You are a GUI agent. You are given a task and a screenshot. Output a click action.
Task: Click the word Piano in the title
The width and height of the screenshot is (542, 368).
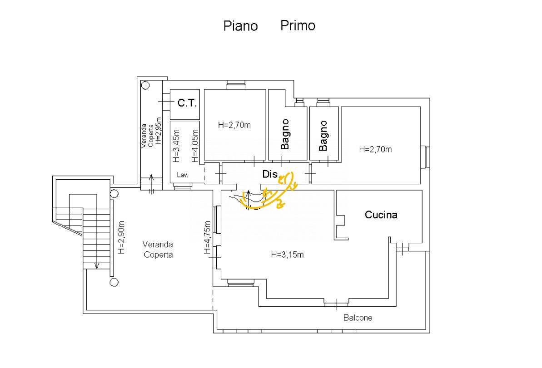[x=240, y=26]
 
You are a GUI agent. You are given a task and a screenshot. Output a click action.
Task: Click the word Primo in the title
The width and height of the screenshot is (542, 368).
[x=298, y=25]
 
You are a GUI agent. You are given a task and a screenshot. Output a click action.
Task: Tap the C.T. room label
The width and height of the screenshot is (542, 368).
[x=187, y=103]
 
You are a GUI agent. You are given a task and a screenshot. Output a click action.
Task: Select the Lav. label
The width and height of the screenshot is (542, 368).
[x=182, y=175]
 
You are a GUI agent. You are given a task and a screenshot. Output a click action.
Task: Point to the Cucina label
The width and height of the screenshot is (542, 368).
[x=381, y=215]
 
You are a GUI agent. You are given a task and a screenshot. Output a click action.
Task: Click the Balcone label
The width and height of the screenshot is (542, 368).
[x=358, y=318]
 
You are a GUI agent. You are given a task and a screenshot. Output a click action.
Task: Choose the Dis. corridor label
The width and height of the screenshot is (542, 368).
[x=270, y=174]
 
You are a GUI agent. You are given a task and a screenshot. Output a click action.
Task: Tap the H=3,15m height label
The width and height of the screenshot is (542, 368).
[x=287, y=255]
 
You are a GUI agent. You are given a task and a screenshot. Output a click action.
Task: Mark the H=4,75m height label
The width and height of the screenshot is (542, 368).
[x=208, y=237]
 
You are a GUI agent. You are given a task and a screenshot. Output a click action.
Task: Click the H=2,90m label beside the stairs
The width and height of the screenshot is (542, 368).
[x=121, y=237]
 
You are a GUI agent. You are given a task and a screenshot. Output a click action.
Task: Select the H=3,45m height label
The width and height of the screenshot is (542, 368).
[x=176, y=146]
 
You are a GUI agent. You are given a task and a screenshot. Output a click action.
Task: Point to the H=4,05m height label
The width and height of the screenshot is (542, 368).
[x=195, y=146]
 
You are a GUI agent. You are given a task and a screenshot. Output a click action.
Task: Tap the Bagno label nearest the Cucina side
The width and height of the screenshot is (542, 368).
[x=323, y=135]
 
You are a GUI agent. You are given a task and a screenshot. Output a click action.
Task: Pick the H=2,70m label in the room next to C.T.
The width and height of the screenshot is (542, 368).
[x=234, y=125]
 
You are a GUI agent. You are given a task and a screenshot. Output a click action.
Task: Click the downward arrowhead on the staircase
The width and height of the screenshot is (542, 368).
[x=97, y=265]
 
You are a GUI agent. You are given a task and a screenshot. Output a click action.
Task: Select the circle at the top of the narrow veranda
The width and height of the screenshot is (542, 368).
[x=145, y=85]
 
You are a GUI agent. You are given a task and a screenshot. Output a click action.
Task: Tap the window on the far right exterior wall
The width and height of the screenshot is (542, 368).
[x=426, y=157]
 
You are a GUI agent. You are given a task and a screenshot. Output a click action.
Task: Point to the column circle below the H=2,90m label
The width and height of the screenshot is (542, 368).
[x=114, y=282]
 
